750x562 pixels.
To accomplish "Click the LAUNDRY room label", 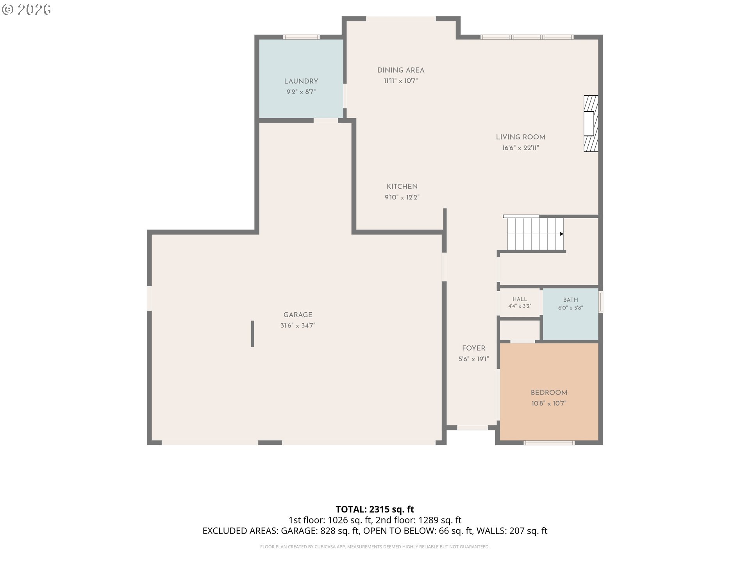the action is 301,81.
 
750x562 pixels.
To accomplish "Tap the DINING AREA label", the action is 401,70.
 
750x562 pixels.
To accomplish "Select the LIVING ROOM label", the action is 520,137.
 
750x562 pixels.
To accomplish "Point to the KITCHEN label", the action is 402,187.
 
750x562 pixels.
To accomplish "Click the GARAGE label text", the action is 298,315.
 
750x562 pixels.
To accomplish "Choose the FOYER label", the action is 473,349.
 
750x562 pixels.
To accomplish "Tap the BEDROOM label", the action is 549,393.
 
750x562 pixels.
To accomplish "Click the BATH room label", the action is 570,300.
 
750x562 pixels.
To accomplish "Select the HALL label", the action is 520,299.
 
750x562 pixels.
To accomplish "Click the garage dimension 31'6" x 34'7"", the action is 298,325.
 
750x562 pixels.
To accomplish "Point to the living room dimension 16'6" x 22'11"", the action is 520,148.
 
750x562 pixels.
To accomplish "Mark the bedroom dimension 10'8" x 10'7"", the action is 549,404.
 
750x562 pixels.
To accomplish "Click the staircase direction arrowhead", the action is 562,234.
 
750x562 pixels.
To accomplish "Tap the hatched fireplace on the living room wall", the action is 591,124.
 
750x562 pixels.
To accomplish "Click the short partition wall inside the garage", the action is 252,334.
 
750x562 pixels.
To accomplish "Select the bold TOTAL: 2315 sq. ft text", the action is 375,509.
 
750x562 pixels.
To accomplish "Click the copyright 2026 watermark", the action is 27,10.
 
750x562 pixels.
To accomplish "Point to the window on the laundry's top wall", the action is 301,37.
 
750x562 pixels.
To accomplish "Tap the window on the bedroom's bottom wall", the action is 549,443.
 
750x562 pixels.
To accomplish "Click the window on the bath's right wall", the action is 601,302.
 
